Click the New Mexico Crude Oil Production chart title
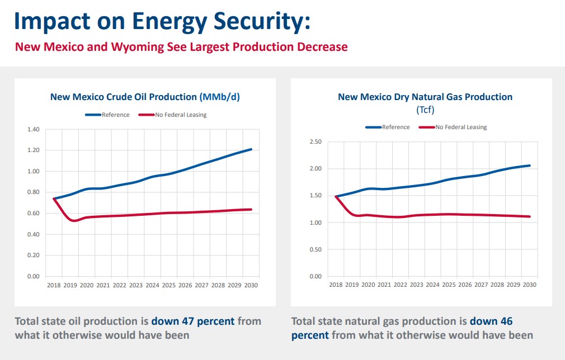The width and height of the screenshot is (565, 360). (x=145, y=97)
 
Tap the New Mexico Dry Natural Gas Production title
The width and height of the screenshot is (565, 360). (x=425, y=97)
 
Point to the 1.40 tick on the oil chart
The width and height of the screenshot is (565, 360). (x=34, y=130)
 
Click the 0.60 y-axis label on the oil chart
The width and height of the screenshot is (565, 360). (x=34, y=214)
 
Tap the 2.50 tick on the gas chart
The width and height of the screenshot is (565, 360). (x=316, y=142)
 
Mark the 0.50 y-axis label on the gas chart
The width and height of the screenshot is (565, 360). (x=316, y=250)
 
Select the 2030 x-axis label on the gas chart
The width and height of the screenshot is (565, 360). (x=529, y=285)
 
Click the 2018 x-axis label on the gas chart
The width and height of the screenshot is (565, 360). (x=336, y=285)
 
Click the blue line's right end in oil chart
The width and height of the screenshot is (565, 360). (x=251, y=149)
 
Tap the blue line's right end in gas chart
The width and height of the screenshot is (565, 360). (x=529, y=165)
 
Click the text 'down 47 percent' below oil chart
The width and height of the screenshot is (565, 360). (x=193, y=322)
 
